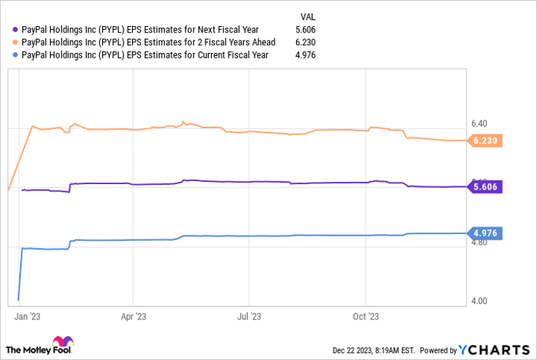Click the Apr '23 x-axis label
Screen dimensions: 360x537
coord(133,315)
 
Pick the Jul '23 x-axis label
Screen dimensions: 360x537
coord(248,315)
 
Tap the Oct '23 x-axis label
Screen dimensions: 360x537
coord(366,315)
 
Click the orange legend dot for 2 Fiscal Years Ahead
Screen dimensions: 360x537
coord(15,42)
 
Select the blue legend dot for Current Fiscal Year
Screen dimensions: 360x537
coord(15,56)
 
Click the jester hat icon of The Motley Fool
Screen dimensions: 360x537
coord(61,343)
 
